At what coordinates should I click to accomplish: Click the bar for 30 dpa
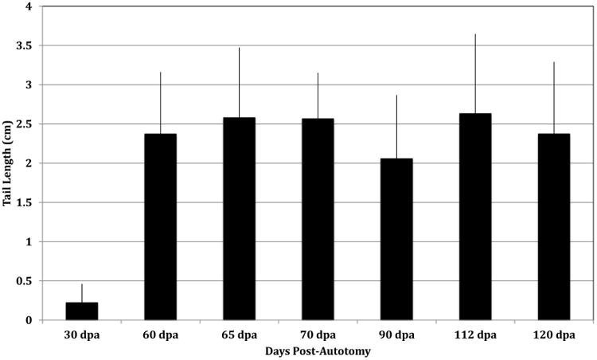[x=81, y=311]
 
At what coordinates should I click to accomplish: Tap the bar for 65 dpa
[x=239, y=219]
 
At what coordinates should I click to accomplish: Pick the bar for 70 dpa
[x=318, y=219]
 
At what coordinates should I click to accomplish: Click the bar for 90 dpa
[x=396, y=239]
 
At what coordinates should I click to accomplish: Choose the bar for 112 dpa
[x=475, y=217]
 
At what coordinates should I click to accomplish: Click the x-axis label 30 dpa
[x=81, y=335]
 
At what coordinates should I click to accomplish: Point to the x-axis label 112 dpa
[x=475, y=335]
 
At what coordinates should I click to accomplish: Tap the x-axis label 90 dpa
[x=396, y=335]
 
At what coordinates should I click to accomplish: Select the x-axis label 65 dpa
[x=239, y=335]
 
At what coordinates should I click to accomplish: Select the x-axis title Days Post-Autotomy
[x=318, y=350]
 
